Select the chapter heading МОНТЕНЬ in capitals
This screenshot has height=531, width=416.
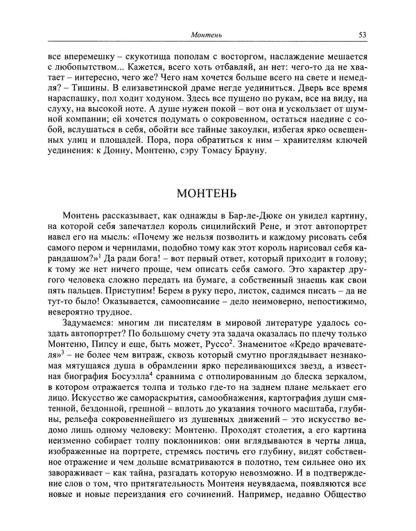pyautogui.click(x=207, y=193)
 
